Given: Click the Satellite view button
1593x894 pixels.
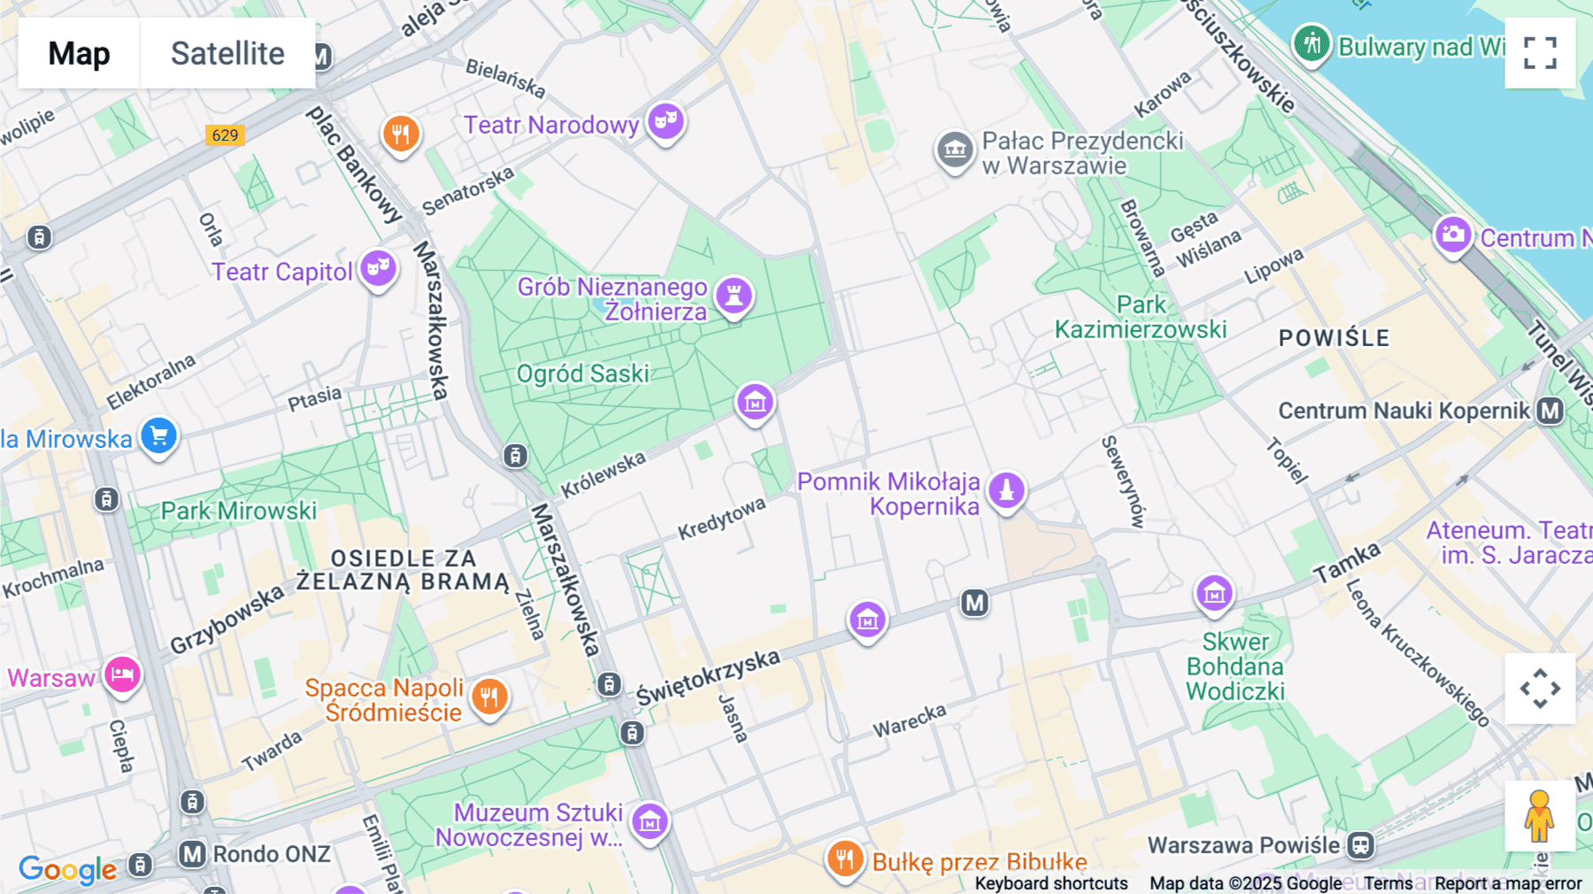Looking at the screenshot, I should [x=227, y=53].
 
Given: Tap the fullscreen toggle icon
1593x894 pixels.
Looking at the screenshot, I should [x=1540, y=53].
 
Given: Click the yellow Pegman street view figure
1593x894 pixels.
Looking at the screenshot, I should [x=1539, y=815].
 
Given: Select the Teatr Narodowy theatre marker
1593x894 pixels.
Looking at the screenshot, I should [x=666, y=119].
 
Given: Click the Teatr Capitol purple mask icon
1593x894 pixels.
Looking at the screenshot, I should [x=378, y=267].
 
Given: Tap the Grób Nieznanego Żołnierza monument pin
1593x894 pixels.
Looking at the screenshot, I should [x=734, y=295].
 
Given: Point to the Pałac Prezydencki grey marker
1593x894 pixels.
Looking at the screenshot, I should [x=955, y=150].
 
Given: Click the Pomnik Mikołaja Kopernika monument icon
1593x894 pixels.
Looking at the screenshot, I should [x=1006, y=489].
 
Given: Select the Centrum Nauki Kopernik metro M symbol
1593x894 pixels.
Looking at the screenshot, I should [x=1550, y=411].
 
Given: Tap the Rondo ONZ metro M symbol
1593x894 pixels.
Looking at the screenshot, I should [x=192, y=854].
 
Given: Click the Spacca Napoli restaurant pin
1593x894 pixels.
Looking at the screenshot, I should [x=489, y=697].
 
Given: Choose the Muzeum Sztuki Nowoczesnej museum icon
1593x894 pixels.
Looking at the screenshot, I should [x=650, y=821].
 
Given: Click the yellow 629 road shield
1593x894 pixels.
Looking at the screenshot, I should [x=225, y=135].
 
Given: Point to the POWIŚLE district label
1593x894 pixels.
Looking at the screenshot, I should [x=1334, y=338].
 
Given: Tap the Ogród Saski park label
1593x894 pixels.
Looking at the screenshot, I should [x=583, y=374].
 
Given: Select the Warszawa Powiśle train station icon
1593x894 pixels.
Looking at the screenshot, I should [x=1360, y=845].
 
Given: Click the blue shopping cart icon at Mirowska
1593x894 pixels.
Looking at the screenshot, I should [x=159, y=435].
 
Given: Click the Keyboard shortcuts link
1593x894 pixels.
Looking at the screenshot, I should [x=1050, y=883].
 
